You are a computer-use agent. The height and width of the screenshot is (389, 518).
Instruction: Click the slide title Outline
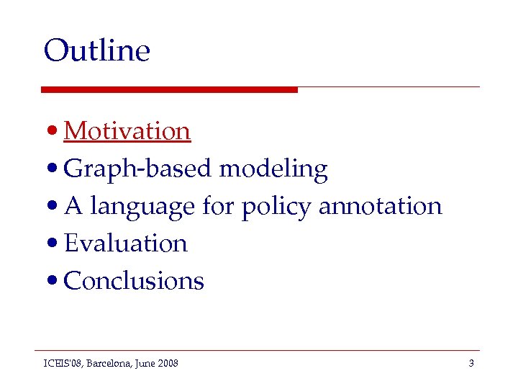click(96, 50)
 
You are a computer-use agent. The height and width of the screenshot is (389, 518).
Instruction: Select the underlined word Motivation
click(127, 131)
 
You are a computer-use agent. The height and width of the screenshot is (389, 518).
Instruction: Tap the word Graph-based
click(138, 169)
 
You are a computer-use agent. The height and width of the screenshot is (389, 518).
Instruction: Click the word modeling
click(273, 169)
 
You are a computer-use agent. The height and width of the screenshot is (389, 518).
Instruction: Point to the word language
click(142, 207)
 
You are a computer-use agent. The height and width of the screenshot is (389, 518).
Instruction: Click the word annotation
click(380, 207)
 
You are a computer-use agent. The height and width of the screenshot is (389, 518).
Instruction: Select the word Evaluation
click(126, 243)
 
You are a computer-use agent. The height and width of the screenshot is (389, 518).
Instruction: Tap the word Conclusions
click(134, 281)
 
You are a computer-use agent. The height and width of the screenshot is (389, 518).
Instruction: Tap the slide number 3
click(471, 364)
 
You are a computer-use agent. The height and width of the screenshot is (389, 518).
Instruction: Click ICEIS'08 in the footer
click(62, 364)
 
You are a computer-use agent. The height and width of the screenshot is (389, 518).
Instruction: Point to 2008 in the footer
click(167, 364)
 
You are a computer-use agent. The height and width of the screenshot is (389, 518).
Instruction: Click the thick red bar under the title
click(169, 89)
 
